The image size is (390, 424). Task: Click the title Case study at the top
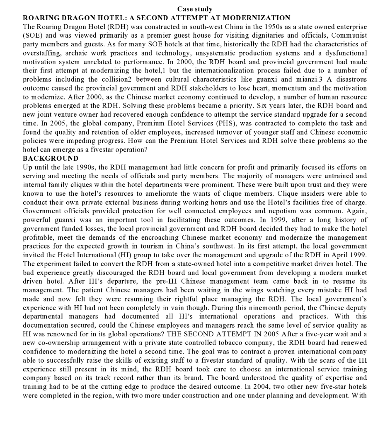coord(195,9)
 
